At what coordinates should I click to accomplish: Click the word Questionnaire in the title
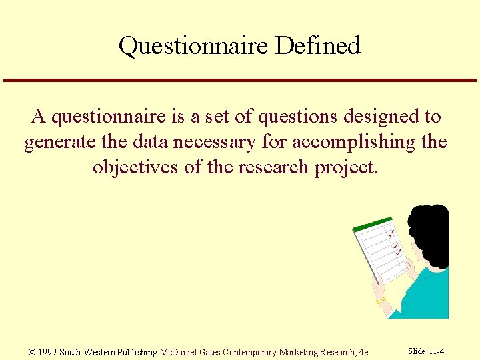click(x=193, y=46)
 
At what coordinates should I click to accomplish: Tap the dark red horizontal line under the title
click(x=240, y=81)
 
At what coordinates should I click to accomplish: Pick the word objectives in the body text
click(x=135, y=167)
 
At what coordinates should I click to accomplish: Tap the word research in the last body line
click(x=272, y=167)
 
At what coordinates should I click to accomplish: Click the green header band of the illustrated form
click(x=373, y=224)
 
